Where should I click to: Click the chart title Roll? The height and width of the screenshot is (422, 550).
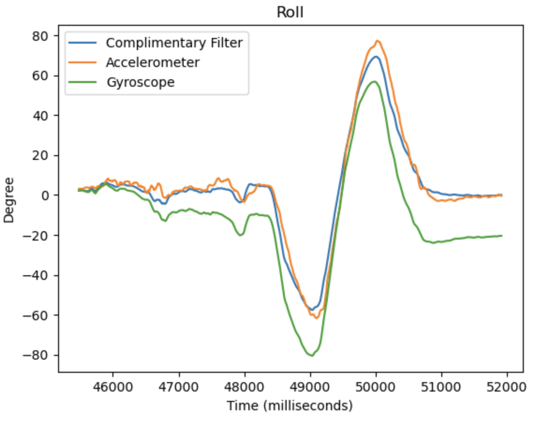290,12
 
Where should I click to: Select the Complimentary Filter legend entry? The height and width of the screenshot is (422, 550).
174,43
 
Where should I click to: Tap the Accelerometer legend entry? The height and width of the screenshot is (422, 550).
152,62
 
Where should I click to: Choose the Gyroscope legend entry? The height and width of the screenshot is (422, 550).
140,82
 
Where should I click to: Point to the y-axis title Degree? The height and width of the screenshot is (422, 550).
9,199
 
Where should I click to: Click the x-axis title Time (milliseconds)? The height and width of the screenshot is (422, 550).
290,406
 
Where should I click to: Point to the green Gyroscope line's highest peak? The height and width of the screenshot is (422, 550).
374,82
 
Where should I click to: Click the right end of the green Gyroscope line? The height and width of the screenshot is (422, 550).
502,235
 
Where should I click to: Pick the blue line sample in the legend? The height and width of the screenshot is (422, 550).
83,43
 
